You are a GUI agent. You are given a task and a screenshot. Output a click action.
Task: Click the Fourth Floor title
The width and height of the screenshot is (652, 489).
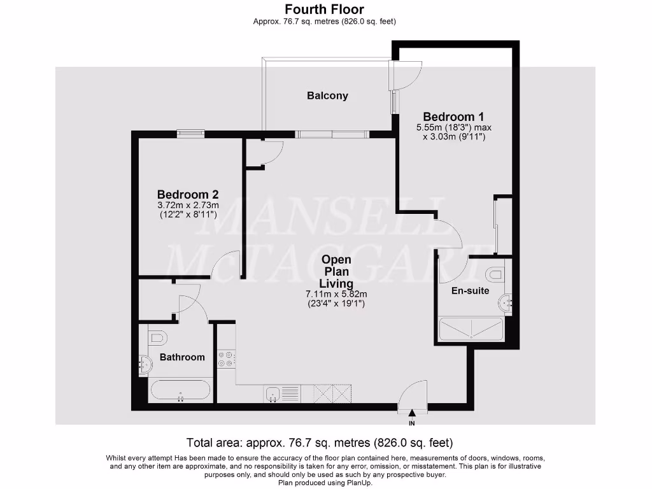point(325,10)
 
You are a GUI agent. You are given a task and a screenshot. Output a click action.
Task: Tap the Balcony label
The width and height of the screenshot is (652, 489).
point(327,96)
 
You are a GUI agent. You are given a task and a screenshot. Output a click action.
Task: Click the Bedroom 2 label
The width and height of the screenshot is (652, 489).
point(188,194)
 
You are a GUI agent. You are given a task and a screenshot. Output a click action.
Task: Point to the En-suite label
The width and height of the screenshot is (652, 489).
point(470,290)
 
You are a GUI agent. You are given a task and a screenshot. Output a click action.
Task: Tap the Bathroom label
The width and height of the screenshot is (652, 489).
point(182,357)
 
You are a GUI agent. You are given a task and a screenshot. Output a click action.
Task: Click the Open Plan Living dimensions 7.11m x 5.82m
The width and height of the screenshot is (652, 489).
point(337,294)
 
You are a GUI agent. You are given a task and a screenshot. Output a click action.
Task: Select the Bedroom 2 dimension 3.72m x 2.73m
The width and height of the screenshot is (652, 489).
point(188,205)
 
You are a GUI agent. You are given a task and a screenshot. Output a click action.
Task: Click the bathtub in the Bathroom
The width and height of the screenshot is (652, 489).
point(181,390)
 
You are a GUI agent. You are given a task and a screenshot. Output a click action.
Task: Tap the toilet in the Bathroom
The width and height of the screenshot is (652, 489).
point(157,337)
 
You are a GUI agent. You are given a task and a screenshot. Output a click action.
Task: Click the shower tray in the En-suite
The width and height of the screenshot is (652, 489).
point(471,329)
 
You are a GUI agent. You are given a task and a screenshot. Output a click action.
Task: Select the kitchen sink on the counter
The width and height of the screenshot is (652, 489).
point(274,393)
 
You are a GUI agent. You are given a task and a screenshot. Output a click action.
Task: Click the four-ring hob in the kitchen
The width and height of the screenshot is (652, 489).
point(227,358)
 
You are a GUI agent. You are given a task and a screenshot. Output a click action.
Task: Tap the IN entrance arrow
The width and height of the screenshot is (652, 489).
point(411,415)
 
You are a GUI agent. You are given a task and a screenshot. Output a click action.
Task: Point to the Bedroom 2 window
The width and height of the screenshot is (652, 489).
point(190,133)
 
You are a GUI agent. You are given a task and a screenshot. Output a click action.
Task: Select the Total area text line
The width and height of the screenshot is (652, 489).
point(319,443)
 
